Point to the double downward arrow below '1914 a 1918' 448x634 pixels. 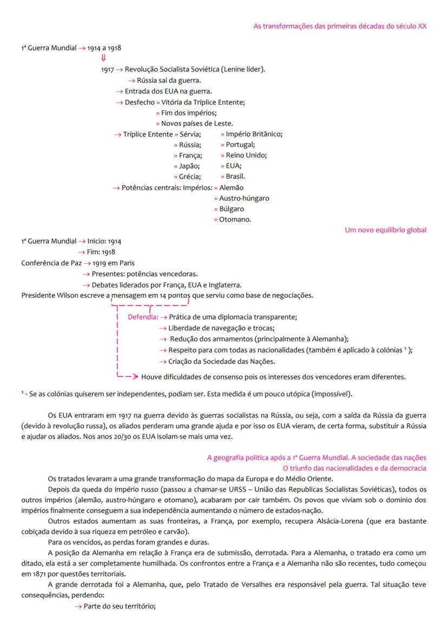[103, 58]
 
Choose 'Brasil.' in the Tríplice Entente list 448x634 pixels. [235, 177]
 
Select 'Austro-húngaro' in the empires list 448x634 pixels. [244, 198]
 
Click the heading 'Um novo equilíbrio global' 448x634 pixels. [385, 230]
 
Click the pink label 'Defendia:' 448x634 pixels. [143, 317]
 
